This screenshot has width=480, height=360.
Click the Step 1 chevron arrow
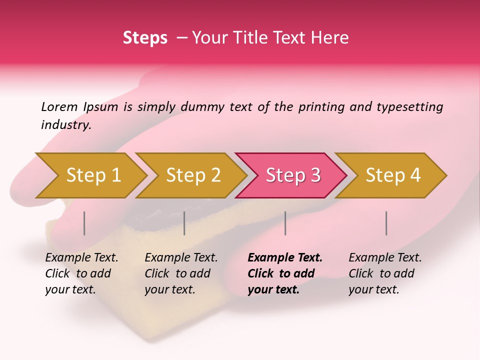pyautogui.click(x=90, y=175)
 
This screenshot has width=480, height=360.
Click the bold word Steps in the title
pyautogui.click(x=145, y=38)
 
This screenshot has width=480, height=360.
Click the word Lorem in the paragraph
pyautogui.click(x=59, y=106)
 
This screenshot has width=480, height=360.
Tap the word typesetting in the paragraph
pyautogui.click(x=409, y=107)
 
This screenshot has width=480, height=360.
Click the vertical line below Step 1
pyautogui.click(x=84, y=223)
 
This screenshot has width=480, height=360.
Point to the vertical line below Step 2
pyautogui.click(x=184, y=223)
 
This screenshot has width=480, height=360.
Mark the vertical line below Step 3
pyautogui.click(x=285, y=223)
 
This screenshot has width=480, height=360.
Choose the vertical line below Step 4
pyautogui.click(x=386, y=223)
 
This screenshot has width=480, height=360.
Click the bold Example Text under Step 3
pyautogui.click(x=285, y=258)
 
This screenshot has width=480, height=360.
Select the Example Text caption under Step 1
pyautogui.click(x=81, y=258)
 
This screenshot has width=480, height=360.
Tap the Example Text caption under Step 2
pyautogui.click(x=181, y=258)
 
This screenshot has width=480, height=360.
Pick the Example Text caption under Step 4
pyautogui.click(x=385, y=258)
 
